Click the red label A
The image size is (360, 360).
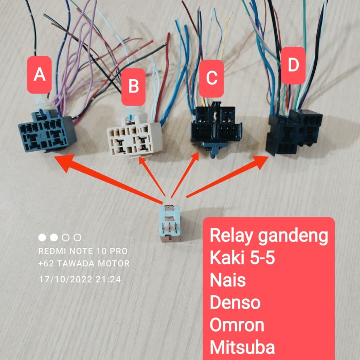pos(39,75)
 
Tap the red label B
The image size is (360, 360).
pos(133,87)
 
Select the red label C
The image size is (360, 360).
pos(211,79)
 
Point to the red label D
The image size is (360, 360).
pos(293,66)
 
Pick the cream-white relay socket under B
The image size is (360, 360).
pos(135,135)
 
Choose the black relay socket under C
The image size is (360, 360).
pos(216,129)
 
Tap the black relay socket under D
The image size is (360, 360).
pos(294,132)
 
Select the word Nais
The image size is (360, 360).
pos(228,280)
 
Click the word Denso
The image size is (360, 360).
pos(235,302)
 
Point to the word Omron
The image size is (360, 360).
pos(237,325)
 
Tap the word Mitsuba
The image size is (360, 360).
pos(242,347)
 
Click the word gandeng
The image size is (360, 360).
pos(293,237)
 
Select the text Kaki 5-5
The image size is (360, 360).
pos(242,258)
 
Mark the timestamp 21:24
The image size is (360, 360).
pos(108,279)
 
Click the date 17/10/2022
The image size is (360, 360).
pos(66,279)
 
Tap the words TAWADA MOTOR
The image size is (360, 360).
pos(94,263)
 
